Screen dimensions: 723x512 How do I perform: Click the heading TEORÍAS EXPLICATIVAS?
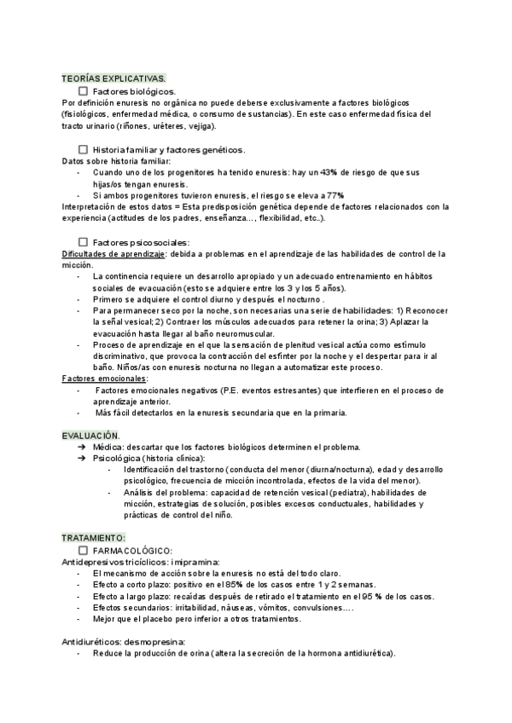point(113,78)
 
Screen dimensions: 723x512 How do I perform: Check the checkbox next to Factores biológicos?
point(83,90)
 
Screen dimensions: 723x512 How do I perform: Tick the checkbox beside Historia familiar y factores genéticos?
point(83,149)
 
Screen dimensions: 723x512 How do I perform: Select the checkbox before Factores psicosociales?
point(83,242)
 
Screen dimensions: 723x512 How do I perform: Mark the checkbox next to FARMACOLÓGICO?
point(83,551)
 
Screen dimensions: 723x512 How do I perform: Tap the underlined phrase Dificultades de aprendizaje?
point(113,253)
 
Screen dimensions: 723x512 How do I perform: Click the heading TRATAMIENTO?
point(94,539)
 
